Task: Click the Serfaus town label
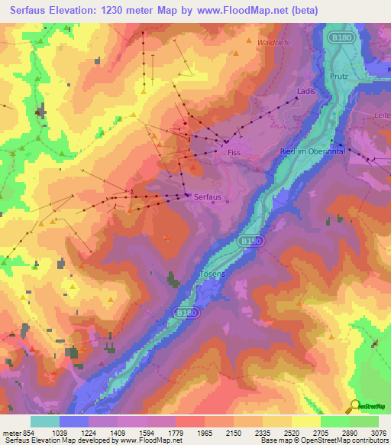click(x=208, y=197)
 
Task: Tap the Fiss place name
click(x=235, y=154)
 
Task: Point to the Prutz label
click(x=340, y=77)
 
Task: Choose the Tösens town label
click(x=212, y=274)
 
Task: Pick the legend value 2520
click(x=280, y=433)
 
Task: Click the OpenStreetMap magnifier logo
click(x=354, y=406)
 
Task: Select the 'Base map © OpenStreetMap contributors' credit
click(x=324, y=440)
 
